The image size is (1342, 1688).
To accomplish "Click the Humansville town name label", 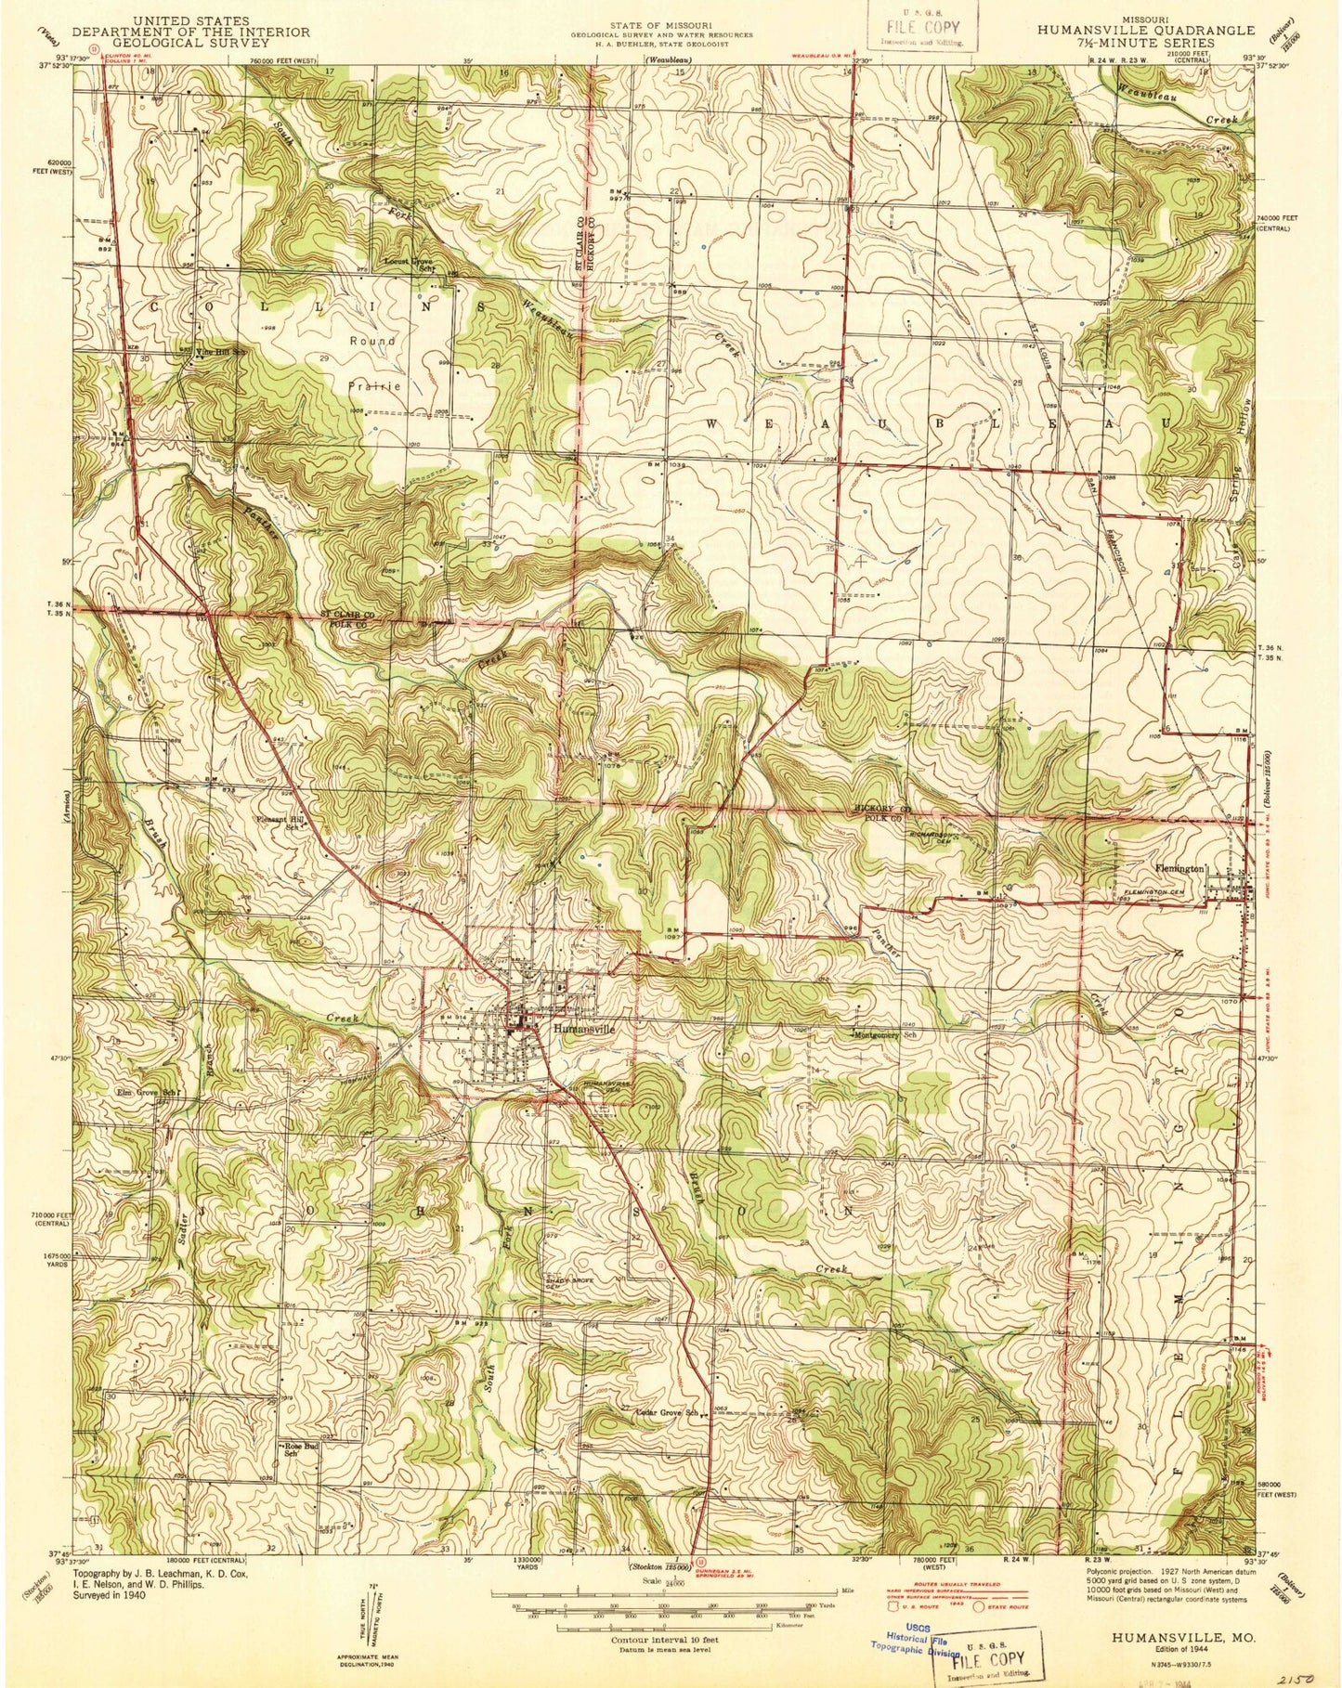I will (584, 1029).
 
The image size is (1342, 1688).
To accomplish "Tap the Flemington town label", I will (1178, 869).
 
